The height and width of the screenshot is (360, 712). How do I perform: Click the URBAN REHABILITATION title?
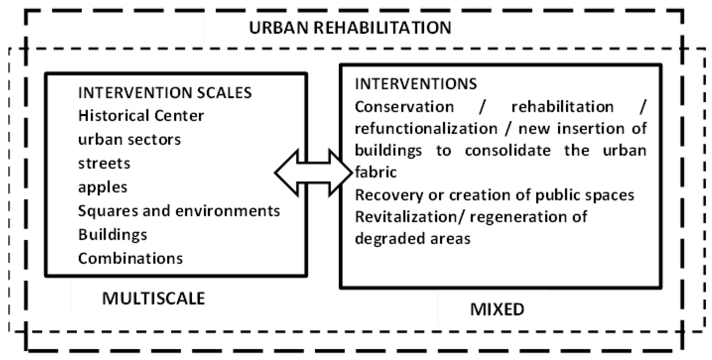click(350, 28)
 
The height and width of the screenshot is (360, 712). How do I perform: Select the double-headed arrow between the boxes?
click(314, 173)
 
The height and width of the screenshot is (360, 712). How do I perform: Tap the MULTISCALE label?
click(154, 298)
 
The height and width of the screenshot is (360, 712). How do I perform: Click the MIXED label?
click(497, 309)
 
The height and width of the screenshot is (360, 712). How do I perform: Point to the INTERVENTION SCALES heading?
click(165, 93)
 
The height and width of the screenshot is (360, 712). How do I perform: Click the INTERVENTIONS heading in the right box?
click(416, 84)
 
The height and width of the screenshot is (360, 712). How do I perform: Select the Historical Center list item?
click(141, 116)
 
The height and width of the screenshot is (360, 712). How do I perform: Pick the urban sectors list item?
click(129, 140)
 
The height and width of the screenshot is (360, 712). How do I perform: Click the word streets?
click(104, 164)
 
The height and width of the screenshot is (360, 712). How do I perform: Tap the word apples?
click(103, 188)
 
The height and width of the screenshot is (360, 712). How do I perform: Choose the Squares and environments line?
click(179, 211)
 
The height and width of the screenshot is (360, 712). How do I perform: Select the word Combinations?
click(130, 259)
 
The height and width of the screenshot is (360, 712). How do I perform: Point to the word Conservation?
click(404, 107)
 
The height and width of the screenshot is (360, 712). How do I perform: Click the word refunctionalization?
click(426, 129)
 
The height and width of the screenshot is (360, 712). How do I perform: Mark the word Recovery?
click(389, 195)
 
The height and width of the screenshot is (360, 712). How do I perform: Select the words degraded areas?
click(412, 239)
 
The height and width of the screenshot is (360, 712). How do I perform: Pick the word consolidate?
click(507, 151)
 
